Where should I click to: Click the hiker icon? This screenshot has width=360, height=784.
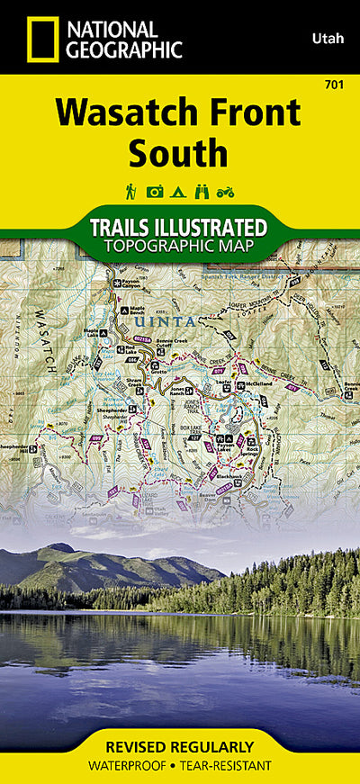131,191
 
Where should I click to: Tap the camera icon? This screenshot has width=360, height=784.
155,191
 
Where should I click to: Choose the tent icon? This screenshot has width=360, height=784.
178,191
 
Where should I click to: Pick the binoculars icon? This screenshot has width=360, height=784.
202,191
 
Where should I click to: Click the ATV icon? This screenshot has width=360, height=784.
227,191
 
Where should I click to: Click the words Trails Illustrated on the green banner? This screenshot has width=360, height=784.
179,226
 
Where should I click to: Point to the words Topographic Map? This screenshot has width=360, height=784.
179,245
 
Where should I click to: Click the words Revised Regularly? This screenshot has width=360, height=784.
179,747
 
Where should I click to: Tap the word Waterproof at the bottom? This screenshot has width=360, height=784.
135,765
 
